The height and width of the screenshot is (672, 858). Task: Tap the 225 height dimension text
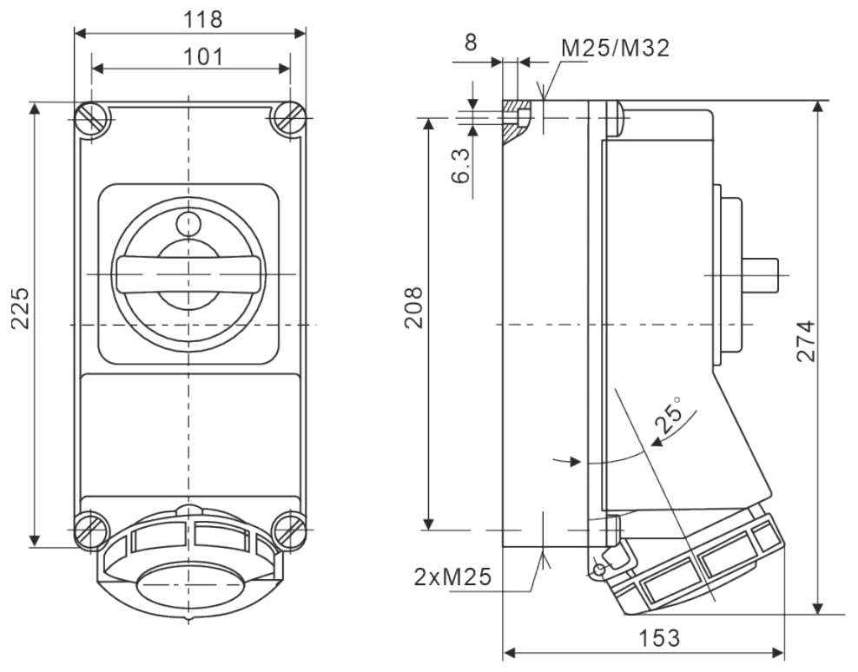20,307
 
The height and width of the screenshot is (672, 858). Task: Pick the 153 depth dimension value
659,637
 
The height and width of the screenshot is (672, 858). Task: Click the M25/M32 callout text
615,48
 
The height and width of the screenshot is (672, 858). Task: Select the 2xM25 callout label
452,576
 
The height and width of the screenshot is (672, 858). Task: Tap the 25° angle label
669,415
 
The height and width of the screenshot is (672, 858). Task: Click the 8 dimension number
471,43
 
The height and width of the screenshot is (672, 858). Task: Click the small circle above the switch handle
188,224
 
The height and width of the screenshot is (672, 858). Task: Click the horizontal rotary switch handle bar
188,273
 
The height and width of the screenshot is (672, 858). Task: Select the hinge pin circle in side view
597,570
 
